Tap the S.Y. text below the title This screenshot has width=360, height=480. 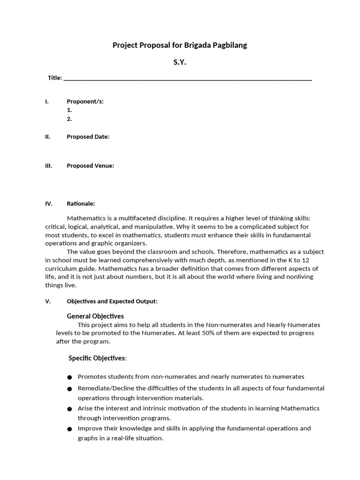(x=180, y=62)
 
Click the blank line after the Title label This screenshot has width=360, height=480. (x=187, y=78)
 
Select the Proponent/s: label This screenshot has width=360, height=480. (x=85, y=101)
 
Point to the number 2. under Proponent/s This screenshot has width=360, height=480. (x=69, y=119)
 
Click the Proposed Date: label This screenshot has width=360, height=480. (x=88, y=137)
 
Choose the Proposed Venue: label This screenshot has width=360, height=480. (x=90, y=165)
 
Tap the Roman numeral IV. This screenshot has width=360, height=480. (x=49, y=204)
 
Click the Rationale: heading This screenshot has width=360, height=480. (x=81, y=204)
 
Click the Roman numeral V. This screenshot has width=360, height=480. (x=47, y=301)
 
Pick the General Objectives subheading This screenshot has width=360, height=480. (x=95, y=316)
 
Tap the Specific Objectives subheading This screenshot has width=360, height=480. (x=97, y=358)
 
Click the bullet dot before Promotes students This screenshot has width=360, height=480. (x=69, y=377)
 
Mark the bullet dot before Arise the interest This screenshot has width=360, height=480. (x=69, y=409)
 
